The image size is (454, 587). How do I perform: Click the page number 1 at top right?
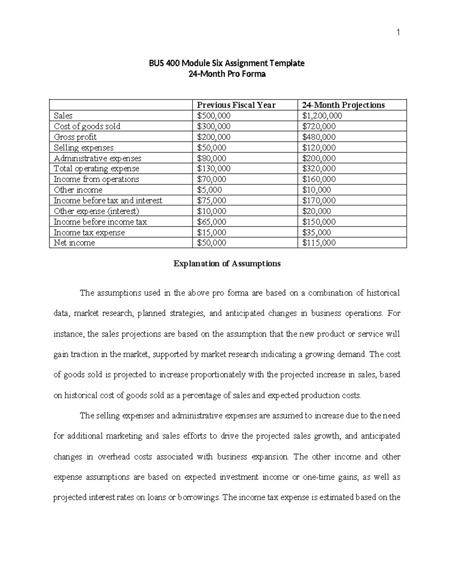tap(398, 33)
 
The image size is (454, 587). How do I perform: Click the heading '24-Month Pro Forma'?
tap(227, 74)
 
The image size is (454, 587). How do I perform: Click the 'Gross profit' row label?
tap(75, 137)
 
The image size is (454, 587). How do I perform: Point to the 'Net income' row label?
tap(74, 243)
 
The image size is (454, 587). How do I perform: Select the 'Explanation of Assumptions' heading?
tap(227, 263)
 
